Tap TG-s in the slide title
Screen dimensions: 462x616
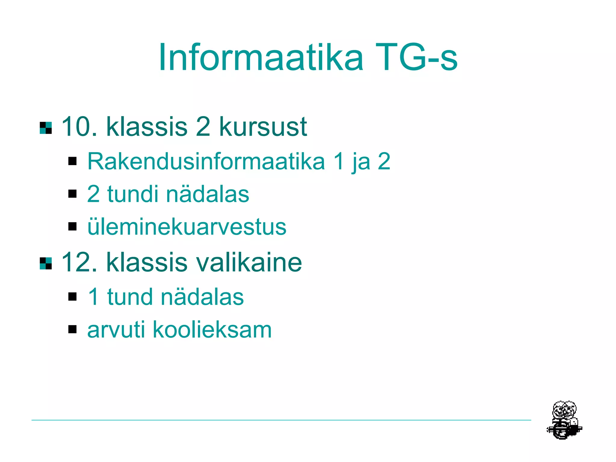pyautogui.click(x=416, y=57)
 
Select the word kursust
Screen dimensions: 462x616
pyautogui.click(x=263, y=127)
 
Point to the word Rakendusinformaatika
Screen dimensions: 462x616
pyautogui.click(x=206, y=162)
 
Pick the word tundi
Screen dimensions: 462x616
pyautogui.click(x=132, y=194)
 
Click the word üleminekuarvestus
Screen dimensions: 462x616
pyautogui.click(x=187, y=227)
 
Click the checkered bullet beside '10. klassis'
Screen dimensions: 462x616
pyautogui.click(x=46, y=128)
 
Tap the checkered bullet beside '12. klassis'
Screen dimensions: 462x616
pyautogui.click(x=46, y=263)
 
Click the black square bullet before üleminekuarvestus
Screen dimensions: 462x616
pyautogui.click(x=72, y=226)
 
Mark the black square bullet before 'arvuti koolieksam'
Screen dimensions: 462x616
pyautogui.click(x=72, y=329)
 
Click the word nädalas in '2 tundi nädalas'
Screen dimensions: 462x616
pyautogui.click(x=208, y=194)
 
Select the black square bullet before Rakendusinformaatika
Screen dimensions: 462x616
pyautogui.click(x=72, y=161)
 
